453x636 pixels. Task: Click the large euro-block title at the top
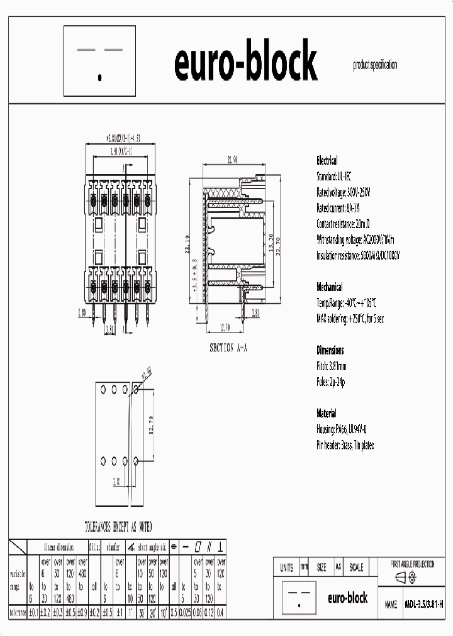point(245,63)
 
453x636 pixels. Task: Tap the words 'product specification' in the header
point(375,65)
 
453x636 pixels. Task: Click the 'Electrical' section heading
point(327,161)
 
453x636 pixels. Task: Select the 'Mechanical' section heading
point(329,287)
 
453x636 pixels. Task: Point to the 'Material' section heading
point(326,414)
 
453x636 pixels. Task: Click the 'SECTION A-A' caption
point(228,347)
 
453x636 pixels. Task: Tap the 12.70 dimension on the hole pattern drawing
point(152,425)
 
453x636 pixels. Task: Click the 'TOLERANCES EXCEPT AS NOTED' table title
point(118,527)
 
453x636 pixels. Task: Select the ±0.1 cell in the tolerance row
point(33,612)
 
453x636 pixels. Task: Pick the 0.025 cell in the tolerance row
point(183,612)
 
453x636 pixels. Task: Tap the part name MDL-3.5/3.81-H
point(423,604)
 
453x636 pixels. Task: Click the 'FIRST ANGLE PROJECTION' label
point(413,564)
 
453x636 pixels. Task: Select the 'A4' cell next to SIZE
point(338,567)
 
